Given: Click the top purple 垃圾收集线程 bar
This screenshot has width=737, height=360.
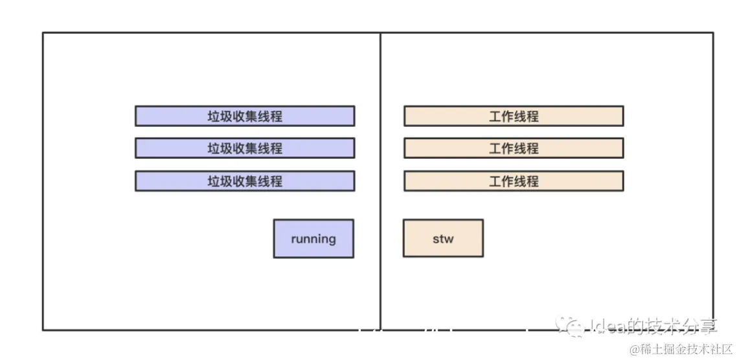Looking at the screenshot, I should (x=245, y=116).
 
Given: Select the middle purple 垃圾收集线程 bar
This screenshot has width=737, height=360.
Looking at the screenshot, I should (x=245, y=148).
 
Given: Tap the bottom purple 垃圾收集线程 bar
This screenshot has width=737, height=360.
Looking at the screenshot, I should (x=245, y=181).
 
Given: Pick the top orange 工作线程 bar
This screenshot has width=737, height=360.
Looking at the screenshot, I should (x=514, y=116).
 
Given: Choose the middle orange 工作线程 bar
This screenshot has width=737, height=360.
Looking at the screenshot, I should (x=514, y=148).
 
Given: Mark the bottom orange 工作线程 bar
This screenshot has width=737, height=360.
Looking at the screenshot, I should (x=514, y=181).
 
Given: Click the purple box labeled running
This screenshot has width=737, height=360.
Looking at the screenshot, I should (x=313, y=238).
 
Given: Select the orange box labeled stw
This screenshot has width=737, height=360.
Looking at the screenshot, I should (x=443, y=238).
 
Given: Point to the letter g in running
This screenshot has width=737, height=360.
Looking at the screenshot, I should (x=332, y=240).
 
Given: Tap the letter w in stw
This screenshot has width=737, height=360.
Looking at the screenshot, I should (x=449, y=239).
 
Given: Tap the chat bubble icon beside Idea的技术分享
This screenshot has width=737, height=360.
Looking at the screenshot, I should (x=573, y=325).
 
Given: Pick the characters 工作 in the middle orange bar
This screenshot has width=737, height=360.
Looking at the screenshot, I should (x=501, y=148).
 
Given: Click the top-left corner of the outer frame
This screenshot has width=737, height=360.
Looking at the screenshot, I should (x=43, y=33).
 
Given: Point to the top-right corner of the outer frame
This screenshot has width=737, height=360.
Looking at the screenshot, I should (x=713, y=33).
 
